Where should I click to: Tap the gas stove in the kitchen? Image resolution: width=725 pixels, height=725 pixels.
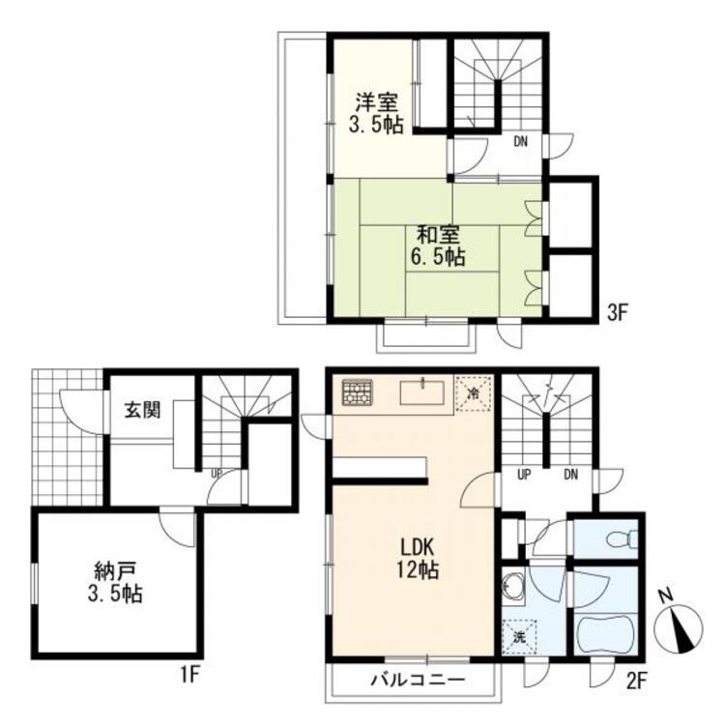358,392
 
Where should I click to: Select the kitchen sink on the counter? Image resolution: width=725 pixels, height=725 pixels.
422,392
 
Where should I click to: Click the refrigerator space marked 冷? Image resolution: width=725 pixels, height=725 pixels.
473,393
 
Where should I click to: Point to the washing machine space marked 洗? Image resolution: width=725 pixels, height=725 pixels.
519,638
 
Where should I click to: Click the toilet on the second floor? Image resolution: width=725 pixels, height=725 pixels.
623,538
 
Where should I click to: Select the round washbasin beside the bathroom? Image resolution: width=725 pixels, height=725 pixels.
512,588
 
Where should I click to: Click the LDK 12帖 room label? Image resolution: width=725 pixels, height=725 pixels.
417,559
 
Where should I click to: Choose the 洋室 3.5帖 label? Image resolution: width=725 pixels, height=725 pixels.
376,113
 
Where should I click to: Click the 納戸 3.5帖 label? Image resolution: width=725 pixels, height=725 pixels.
115,582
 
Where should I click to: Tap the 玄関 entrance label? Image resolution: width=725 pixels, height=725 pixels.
142,410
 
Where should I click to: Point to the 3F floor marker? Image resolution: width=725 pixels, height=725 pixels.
617,313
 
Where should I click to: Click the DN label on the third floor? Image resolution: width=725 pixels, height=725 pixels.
521,141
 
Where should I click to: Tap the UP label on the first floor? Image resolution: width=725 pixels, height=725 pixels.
217,474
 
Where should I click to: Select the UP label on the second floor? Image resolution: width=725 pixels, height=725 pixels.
523,475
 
